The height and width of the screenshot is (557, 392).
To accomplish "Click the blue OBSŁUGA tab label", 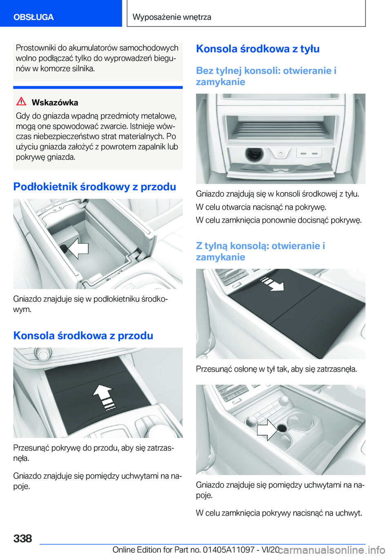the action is pyautogui.click(x=33, y=17).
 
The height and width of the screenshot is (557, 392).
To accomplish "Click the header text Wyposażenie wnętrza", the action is pyautogui.click(x=172, y=17).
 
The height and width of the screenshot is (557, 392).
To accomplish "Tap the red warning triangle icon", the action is pyautogui.click(x=21, y=102).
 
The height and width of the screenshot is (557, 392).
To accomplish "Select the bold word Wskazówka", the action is pyautogui.click(x=55, y=103).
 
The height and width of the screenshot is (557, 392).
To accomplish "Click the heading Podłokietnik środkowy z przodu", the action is pyautogui.click(x=95, y=187).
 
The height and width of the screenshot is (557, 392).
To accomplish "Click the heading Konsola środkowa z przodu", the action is pyautogui.click(x=83, y=336).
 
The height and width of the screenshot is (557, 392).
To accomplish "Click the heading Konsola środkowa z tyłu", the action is pyautogui.click(x=258, y=49).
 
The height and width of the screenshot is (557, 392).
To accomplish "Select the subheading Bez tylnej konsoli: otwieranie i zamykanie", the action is pyautogui.click(x=266, y=76).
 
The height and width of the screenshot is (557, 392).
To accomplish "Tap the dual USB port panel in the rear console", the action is pyautogui.click(x=309, y=153).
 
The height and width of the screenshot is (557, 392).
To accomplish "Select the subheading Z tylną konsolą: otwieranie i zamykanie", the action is pyautogui.click(x=261, y=251).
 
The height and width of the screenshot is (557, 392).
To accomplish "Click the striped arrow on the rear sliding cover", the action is pyautogui.click(x=272, y=284).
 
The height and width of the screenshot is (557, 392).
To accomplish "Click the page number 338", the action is pyautogui.click(x=22, y=539).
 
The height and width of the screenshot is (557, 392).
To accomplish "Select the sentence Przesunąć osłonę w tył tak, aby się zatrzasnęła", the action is pyautogui.click(x=276, y=369).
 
